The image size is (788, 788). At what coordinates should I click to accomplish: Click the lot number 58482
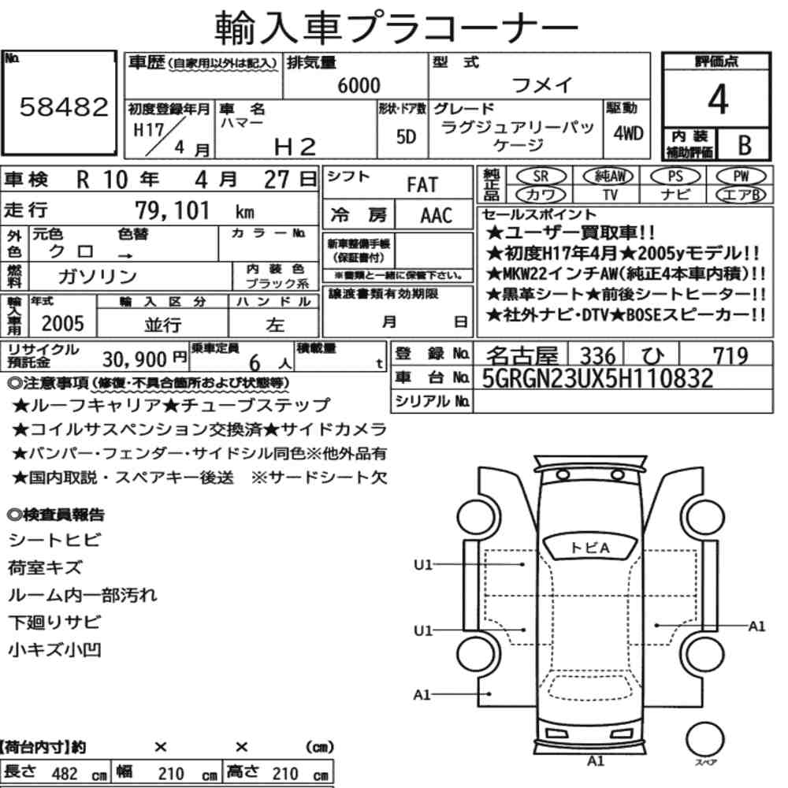64,107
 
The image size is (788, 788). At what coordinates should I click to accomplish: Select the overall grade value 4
718,99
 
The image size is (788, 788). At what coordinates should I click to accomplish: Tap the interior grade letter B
745,145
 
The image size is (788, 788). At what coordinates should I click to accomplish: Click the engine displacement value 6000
359,85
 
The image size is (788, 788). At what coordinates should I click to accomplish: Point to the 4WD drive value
628,133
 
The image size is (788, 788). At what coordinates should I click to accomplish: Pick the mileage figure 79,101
172,210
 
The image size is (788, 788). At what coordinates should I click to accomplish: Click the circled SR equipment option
541,177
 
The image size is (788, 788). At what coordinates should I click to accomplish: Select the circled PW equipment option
741,177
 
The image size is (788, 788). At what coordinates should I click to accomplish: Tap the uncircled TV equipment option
610,195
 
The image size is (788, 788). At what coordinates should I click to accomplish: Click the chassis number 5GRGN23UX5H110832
597,378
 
